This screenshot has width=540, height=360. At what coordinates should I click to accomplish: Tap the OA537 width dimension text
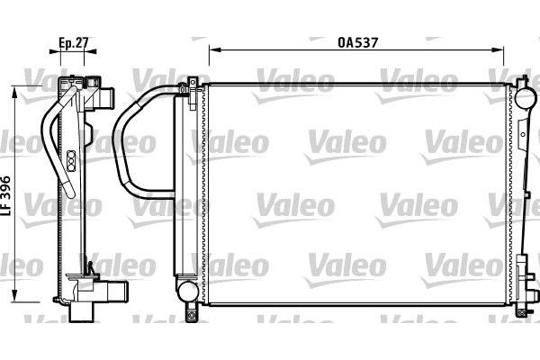coord(356,41)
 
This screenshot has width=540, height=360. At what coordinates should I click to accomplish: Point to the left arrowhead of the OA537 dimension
coord(212,50)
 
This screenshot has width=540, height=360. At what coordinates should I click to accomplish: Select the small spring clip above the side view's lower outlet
coord(90,267)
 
